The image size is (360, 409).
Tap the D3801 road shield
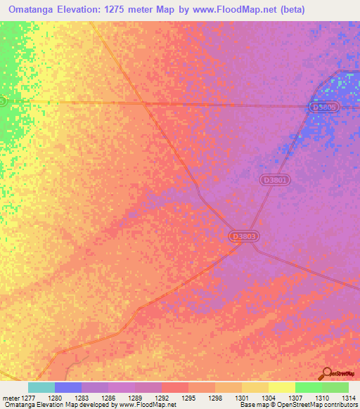[275, 180]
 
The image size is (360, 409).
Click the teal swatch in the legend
[41, 387]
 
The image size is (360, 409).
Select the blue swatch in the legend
[67, 387]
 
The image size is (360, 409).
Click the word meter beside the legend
[11, 397]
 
